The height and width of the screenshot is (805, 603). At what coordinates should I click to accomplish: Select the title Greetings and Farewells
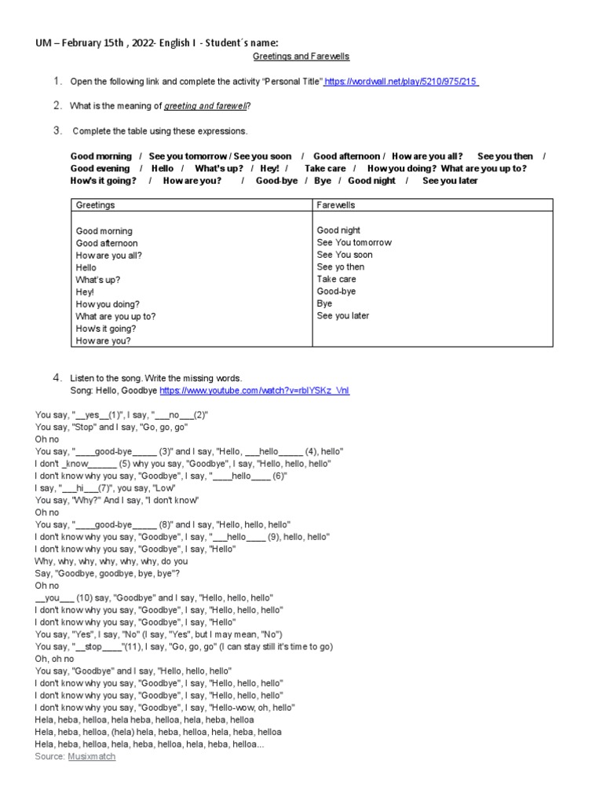click(x=301, y=57)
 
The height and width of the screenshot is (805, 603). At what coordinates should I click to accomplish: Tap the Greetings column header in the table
click(x=95, y=205)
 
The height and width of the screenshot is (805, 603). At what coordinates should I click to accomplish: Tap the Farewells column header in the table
click(x=336, y=205)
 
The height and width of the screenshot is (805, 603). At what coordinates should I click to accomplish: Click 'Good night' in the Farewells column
click(x=338, y=230)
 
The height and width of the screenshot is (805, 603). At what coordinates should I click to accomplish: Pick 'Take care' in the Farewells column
click(x=336, y=279)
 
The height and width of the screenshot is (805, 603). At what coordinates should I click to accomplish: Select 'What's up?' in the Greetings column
click(x=98, y=280)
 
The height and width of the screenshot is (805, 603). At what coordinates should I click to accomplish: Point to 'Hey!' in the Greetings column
click(x=86, y=292)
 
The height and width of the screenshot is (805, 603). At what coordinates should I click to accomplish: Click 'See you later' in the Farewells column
click(x=342, y=316)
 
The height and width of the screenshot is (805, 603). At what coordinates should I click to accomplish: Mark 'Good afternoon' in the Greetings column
click(x=106, y=244)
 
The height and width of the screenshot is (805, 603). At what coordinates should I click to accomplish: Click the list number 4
click(x=57, y=378)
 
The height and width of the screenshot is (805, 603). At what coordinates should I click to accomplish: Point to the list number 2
click(x=57, y=105)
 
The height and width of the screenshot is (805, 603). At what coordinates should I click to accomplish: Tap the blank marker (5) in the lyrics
click(x=124, y=464)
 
